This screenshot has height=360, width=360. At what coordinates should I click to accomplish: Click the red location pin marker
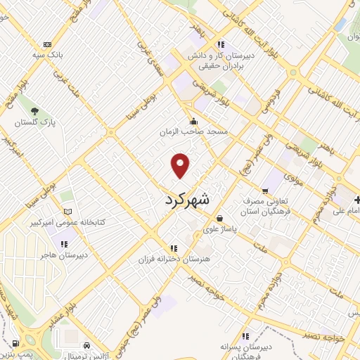(181, 165)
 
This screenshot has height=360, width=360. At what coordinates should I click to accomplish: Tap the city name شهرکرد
(187, 200)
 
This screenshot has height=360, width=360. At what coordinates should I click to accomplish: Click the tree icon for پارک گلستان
(34, 110)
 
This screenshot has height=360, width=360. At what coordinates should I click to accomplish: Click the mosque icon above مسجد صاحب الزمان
(193, 122)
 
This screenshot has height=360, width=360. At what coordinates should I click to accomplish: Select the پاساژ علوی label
(220, 229)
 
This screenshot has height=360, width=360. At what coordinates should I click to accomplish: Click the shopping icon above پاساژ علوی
(220, 218)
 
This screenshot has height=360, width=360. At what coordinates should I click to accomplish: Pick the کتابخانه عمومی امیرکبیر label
(67, 223)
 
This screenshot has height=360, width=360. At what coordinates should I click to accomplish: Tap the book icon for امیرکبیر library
(67, 212)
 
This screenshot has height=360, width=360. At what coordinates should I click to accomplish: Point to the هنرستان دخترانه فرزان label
(174, 259)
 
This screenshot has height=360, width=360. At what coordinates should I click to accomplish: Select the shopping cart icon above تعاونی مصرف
(265, 189)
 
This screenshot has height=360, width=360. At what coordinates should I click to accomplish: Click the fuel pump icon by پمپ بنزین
(15, 344)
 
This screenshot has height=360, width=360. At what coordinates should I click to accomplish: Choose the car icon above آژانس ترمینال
(86, 346)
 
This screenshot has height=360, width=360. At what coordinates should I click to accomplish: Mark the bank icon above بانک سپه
(47, 44)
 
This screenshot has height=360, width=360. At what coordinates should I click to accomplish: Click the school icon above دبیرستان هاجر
(64, 245)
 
